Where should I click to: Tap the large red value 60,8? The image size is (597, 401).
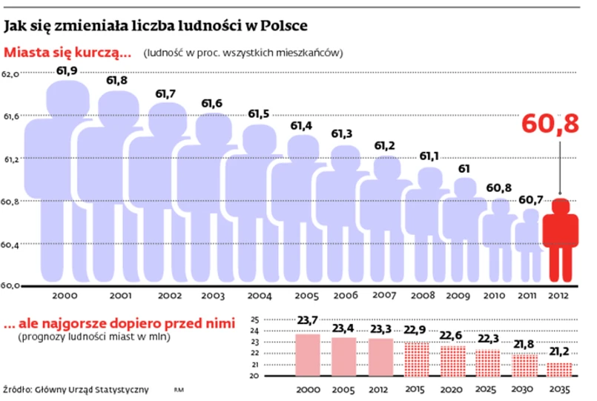coord(551,124)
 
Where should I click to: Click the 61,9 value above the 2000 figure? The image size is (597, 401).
coord(67,71)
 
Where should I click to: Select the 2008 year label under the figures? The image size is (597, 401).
coord(423,296)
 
